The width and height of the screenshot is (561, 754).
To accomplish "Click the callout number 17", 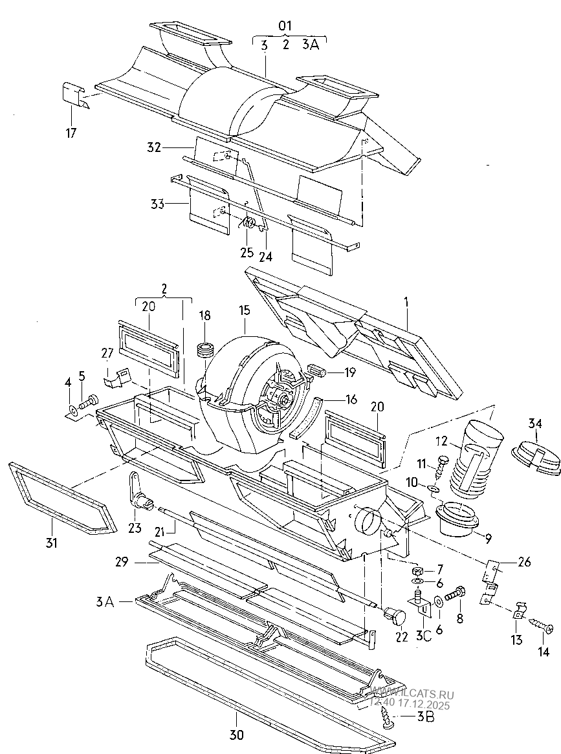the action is pos(71,133).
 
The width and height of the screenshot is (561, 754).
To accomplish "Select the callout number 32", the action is pos(154,147).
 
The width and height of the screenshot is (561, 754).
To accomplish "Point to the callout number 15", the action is pos(245,310).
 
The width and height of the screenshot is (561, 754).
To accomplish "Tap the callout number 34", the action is pos(535,424).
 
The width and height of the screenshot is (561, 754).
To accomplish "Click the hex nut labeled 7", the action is pos(418,571).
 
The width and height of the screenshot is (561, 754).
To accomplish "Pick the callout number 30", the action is pos(237,735).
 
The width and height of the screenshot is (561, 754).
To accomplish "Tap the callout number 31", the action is pos(52,543).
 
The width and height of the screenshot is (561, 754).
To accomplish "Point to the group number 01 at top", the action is pos(285,25).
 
